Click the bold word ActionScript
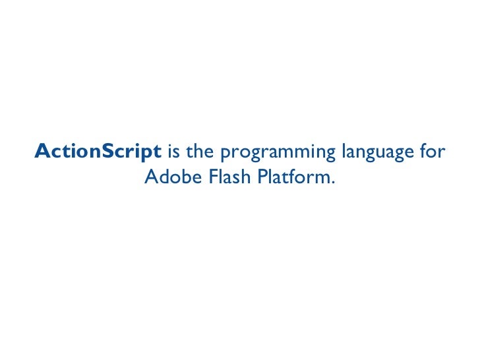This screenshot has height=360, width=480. (x=98, y=152)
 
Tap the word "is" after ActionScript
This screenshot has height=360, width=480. (x=175, y=152)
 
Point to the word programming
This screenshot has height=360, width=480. (x=278, y=154)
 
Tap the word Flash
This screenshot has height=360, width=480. (x=220, y=177)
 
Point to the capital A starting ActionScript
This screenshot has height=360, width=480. (x=41, y=152)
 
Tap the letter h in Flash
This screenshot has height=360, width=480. (x=234, y=177)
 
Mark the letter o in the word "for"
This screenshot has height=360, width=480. (x=433, y=154)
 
